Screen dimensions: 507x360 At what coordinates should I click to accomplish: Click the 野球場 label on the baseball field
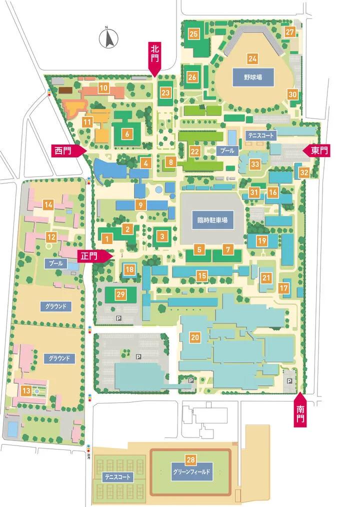(252, 77)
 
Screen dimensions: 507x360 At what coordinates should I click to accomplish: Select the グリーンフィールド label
(190, 471)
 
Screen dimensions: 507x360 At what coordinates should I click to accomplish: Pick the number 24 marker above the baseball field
(252, 58)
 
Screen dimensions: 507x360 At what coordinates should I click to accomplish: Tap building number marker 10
(103, 88)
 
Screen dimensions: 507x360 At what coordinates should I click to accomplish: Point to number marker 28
(190, 459)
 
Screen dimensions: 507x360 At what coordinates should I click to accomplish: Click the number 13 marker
(25, 389)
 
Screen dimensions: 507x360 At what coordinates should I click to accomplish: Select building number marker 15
(202, 275)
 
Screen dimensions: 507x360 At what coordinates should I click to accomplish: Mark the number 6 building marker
(127, 133)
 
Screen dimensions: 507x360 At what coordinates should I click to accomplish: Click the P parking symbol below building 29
(118, 317)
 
